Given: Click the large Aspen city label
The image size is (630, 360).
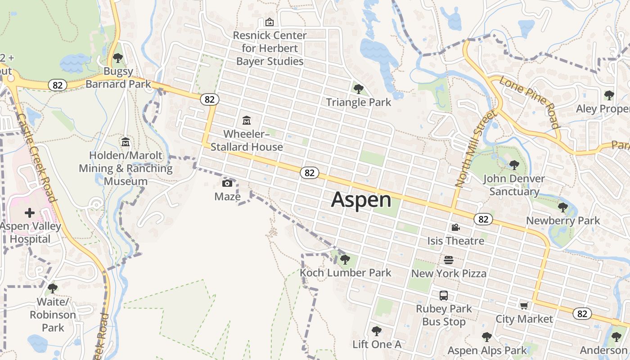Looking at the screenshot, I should pyautogui.click(x=361, y=200).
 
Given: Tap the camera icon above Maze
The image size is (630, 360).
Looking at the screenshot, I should pyautogui.click(x=227, y=183).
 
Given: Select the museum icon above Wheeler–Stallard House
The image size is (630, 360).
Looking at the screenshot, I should pyautogui.click(x=247, y=120).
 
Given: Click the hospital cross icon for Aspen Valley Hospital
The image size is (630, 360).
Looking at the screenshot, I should pyautogui.click(x=30, y=212).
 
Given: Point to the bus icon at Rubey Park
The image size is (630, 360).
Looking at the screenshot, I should pyautogui.click(x=444, y=296).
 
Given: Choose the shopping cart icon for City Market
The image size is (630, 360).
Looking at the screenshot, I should pyautogui.click(x=524, y=306).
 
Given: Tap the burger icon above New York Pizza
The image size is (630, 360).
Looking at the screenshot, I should pyautogui.click(x=449, y=260).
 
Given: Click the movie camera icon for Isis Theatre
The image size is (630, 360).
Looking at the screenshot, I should pyautogui.click(x=455, y=228).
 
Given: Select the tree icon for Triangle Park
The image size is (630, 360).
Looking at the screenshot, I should pyautogui.click(x=358, y=89).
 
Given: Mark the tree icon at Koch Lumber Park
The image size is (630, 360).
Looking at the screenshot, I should pyautogui.click(x=345, y=259).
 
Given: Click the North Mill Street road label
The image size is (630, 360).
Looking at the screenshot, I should pyautogui.click(x=475, y=148).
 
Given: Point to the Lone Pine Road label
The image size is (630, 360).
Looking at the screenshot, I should pyautogui.click(x=529, y=103).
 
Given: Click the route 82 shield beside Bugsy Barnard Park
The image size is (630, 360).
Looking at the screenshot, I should pyautogui.click(x=58, y=85).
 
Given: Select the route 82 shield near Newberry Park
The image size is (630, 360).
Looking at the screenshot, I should pyautogui.click(x=483, y=219).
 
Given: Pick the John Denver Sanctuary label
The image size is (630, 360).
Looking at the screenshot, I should pyautogui.click(x=514, y=185).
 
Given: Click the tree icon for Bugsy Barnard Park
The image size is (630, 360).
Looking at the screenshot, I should pyautogui.click(x=118, y=58).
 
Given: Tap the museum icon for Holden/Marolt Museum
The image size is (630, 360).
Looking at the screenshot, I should pyautogui.click(x=126, y=142).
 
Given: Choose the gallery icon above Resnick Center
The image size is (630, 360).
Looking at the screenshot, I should pyautogui.click(x=270, y=22).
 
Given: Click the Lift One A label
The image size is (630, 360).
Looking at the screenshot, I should pyautogui.click(x=377, y=344).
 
